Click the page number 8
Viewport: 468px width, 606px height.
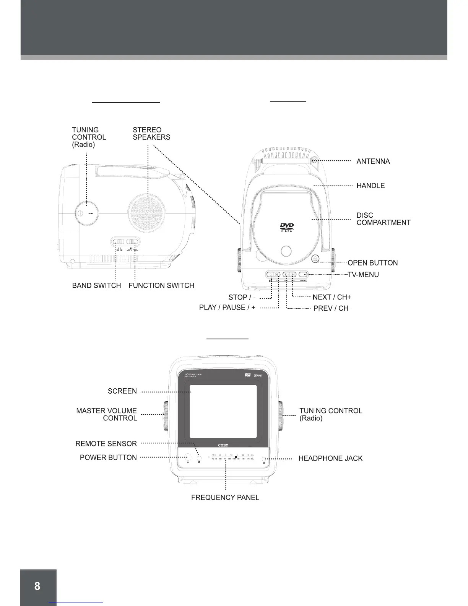point(37,586)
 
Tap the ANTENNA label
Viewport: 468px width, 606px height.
point(373,161)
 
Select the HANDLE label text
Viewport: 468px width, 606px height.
point(370,186)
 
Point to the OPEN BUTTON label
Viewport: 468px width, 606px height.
point(372,263)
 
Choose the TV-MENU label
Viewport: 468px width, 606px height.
point(363,274)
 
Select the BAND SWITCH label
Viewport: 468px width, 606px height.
point(96,285)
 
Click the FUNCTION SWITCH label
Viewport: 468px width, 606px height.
point(161,285)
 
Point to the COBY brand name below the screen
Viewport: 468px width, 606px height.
point(223,445)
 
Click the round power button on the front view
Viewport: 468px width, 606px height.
point(187,457)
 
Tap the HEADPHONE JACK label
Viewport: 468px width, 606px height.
point(330,458)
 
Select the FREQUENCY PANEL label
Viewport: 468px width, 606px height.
point(225,498)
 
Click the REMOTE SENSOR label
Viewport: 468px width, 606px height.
point(106,444)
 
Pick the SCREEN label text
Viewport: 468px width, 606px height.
point(122,391)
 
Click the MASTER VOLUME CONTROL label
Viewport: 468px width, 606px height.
point(107,414)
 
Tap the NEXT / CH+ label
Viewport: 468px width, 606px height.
point(331,297)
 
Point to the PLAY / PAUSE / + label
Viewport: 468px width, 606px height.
point(227,308)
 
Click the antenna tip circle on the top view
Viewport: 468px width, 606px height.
point(314,161)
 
